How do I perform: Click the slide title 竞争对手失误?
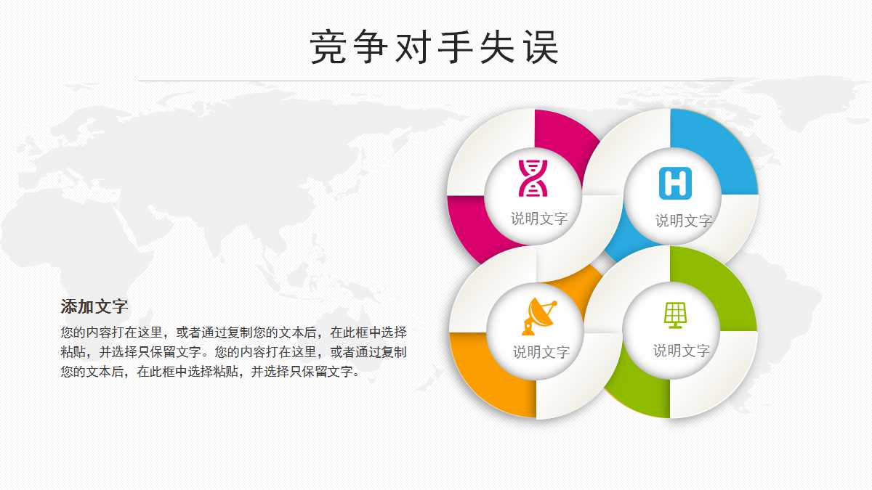(x=435, y=48)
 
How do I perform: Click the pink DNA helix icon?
(x=533, y=178)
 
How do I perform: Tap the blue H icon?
(x=675, y=183)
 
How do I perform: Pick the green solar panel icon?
(x=675, y=315)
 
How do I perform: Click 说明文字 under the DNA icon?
(x=539, y=219)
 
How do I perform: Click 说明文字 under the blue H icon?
(x=683, y=221)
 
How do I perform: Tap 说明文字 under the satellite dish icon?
(x=541, y=352)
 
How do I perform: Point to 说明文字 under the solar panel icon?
(x=681, y=351)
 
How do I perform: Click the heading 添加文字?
(x=94, y=306)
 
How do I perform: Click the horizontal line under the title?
(x=436, y=81)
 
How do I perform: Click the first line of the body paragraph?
(x=233, y=332)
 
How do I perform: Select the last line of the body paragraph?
(x=210, y=372)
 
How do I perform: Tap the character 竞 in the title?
(x=328, y=48)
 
